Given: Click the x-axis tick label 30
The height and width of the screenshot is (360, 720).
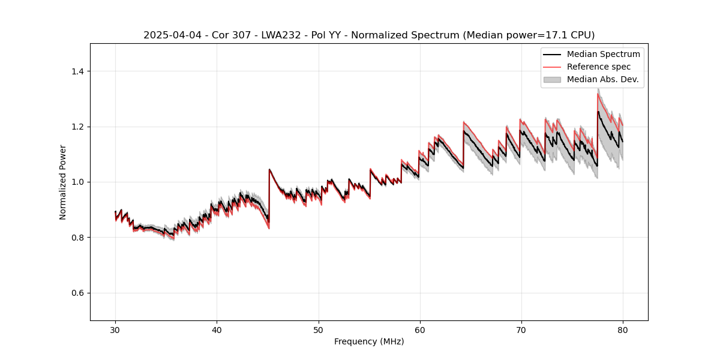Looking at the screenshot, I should tap(115, 329).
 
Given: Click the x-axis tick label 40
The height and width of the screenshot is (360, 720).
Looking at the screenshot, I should tap(217, 329).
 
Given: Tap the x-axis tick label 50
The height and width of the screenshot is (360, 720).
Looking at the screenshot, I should tap(318, 329).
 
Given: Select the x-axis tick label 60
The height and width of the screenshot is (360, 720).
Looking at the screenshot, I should tap(419, 329).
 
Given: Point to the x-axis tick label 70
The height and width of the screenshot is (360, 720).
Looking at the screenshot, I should tap(521, 329).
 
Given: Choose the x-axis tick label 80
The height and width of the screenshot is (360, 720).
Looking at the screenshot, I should tap(622, 329).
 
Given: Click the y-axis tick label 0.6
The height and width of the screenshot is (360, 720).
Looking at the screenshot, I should tap(77, 293).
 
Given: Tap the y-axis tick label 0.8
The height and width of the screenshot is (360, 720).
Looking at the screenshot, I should tap(77, 238).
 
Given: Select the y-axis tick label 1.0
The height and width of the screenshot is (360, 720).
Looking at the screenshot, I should tap(77, 182).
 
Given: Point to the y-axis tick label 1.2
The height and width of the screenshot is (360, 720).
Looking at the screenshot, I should tap(77, 127).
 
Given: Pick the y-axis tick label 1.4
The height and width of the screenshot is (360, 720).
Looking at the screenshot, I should tap(77, 71).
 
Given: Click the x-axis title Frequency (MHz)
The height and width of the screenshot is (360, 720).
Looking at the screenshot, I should tap(369, 341).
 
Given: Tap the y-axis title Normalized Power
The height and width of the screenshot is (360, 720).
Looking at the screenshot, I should tap(63, 182).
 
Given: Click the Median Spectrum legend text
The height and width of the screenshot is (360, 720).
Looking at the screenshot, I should tap(603, 54).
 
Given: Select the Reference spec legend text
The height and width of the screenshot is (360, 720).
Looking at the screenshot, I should tap(599, 67).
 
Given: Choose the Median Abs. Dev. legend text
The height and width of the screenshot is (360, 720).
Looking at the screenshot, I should tap(602, 79).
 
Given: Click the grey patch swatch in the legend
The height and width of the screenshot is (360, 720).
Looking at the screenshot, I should tap(552, 79).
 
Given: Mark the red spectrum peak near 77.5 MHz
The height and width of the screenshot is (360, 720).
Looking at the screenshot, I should tap(598, 94).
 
